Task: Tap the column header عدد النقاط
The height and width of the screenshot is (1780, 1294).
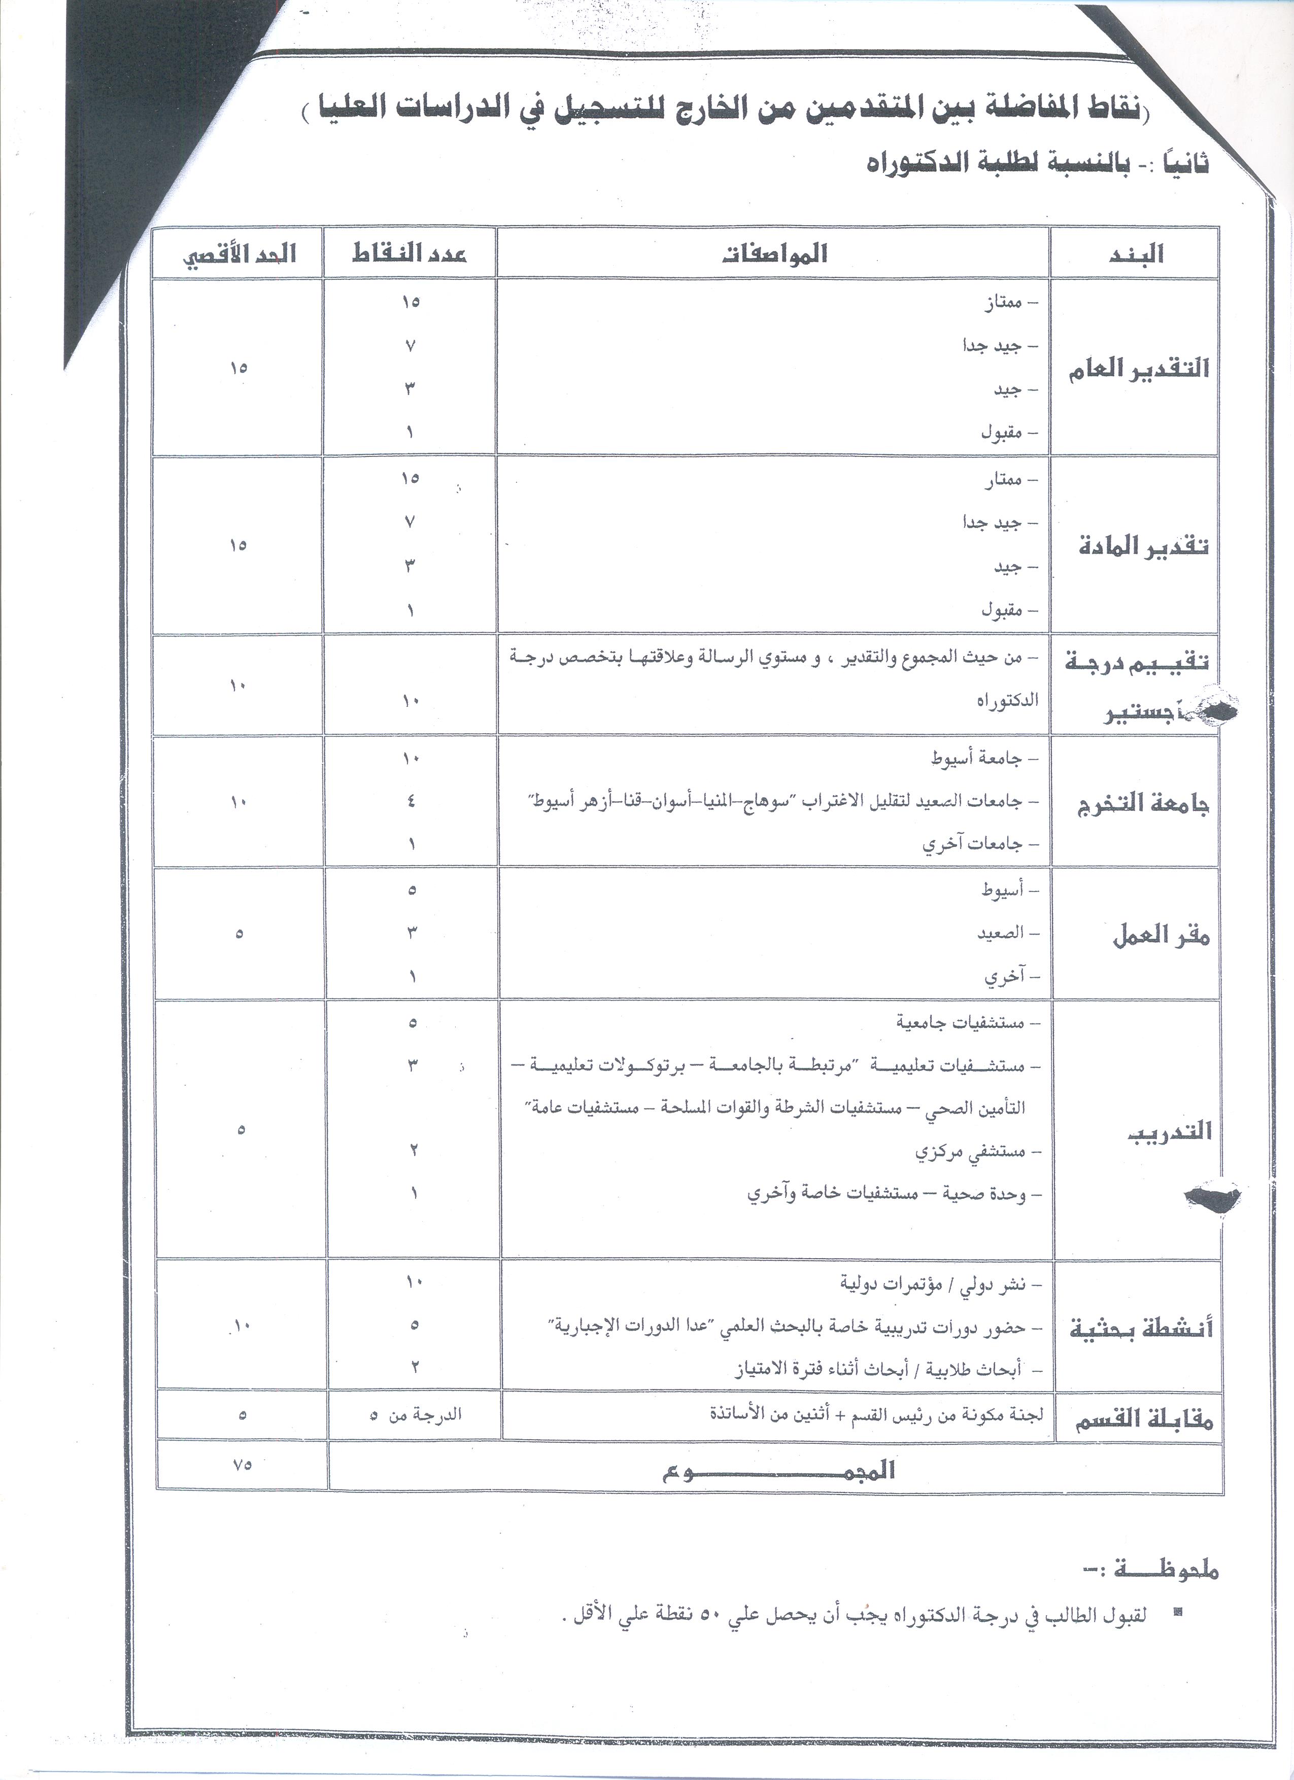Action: [x=409, y=254]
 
